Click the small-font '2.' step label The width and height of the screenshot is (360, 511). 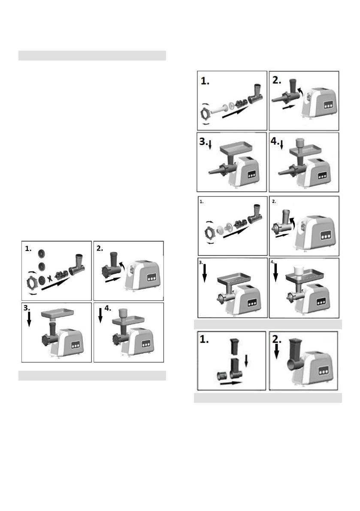pyautogui.click(x=275, y=200)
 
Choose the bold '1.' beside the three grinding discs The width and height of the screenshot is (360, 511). pyautogui.click(x=29, y=248)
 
